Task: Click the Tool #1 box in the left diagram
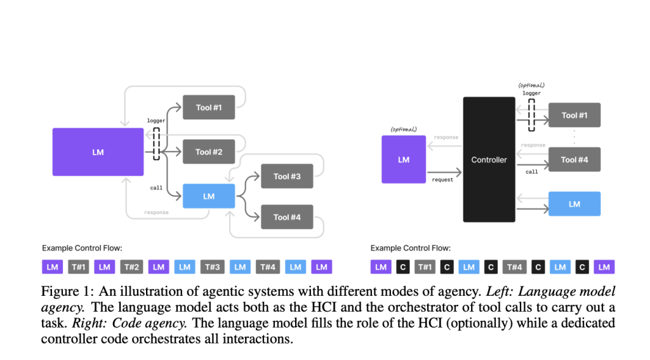(209, 107)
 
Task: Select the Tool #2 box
(209, 152)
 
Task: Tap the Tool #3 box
(287, 176)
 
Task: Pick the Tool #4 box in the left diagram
(287, 217)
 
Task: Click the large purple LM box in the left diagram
(98, 152)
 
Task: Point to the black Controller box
(489, 159)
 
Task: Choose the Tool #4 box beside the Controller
(574, 159)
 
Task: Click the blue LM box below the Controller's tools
(574, 204)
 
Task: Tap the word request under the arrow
(444, 180)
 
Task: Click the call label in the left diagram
(156, 189)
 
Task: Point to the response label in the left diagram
(156, 212)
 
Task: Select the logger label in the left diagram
(156, 120)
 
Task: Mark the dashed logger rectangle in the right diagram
(531, 116)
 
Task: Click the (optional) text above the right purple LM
(404, 129)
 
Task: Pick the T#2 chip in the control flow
(131, 267)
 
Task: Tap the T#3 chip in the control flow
(213, 267)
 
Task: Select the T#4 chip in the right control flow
(514, 267)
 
